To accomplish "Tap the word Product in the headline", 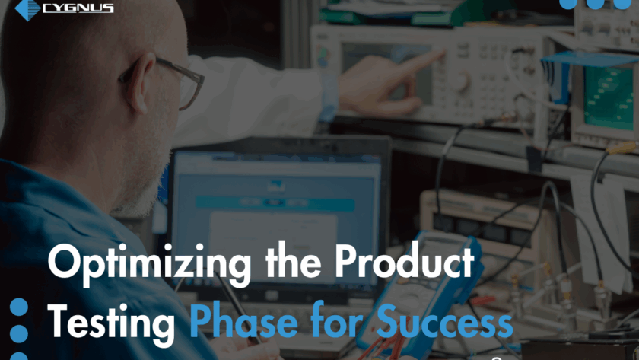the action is click(405, 261).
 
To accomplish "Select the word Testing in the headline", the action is click(111, 323).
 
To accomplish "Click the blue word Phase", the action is click(243, 320).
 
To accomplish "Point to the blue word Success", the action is click(444, 320).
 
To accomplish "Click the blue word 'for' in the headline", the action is click(336, 320).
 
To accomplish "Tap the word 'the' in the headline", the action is click(293, 261).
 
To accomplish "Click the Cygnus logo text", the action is click(78, 8).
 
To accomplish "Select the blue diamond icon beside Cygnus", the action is click(27, 9).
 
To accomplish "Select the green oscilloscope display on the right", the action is click(608, 98).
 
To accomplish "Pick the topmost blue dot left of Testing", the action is click(19, 307).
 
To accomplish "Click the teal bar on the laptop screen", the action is click(275, 202).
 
